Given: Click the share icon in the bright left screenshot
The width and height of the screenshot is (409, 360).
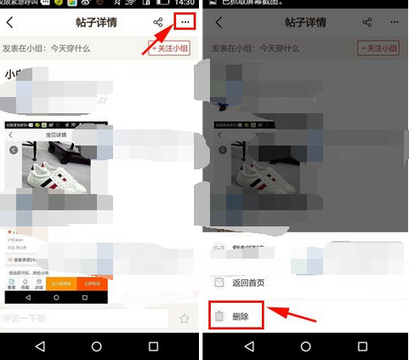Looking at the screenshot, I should (x=158, y=22).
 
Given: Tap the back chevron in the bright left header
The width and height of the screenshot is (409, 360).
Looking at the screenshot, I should (x=11, y=22).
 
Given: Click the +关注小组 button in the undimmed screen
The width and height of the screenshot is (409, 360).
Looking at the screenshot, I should (x=172, y=49).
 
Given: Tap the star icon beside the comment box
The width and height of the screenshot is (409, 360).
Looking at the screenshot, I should (x=184, y=318).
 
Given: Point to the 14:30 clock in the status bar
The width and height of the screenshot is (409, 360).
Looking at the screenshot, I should (x=183, y=4).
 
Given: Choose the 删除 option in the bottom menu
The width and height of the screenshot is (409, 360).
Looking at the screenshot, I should (x=241, y=317).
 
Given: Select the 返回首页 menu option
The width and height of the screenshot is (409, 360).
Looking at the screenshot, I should (x=247, y=282).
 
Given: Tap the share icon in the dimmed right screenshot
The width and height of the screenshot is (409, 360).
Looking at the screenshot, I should (x=367, y=22).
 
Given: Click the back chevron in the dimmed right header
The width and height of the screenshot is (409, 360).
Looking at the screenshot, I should (x=219, y=22).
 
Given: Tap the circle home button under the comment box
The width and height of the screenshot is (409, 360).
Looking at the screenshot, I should (x=96, y=346).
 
